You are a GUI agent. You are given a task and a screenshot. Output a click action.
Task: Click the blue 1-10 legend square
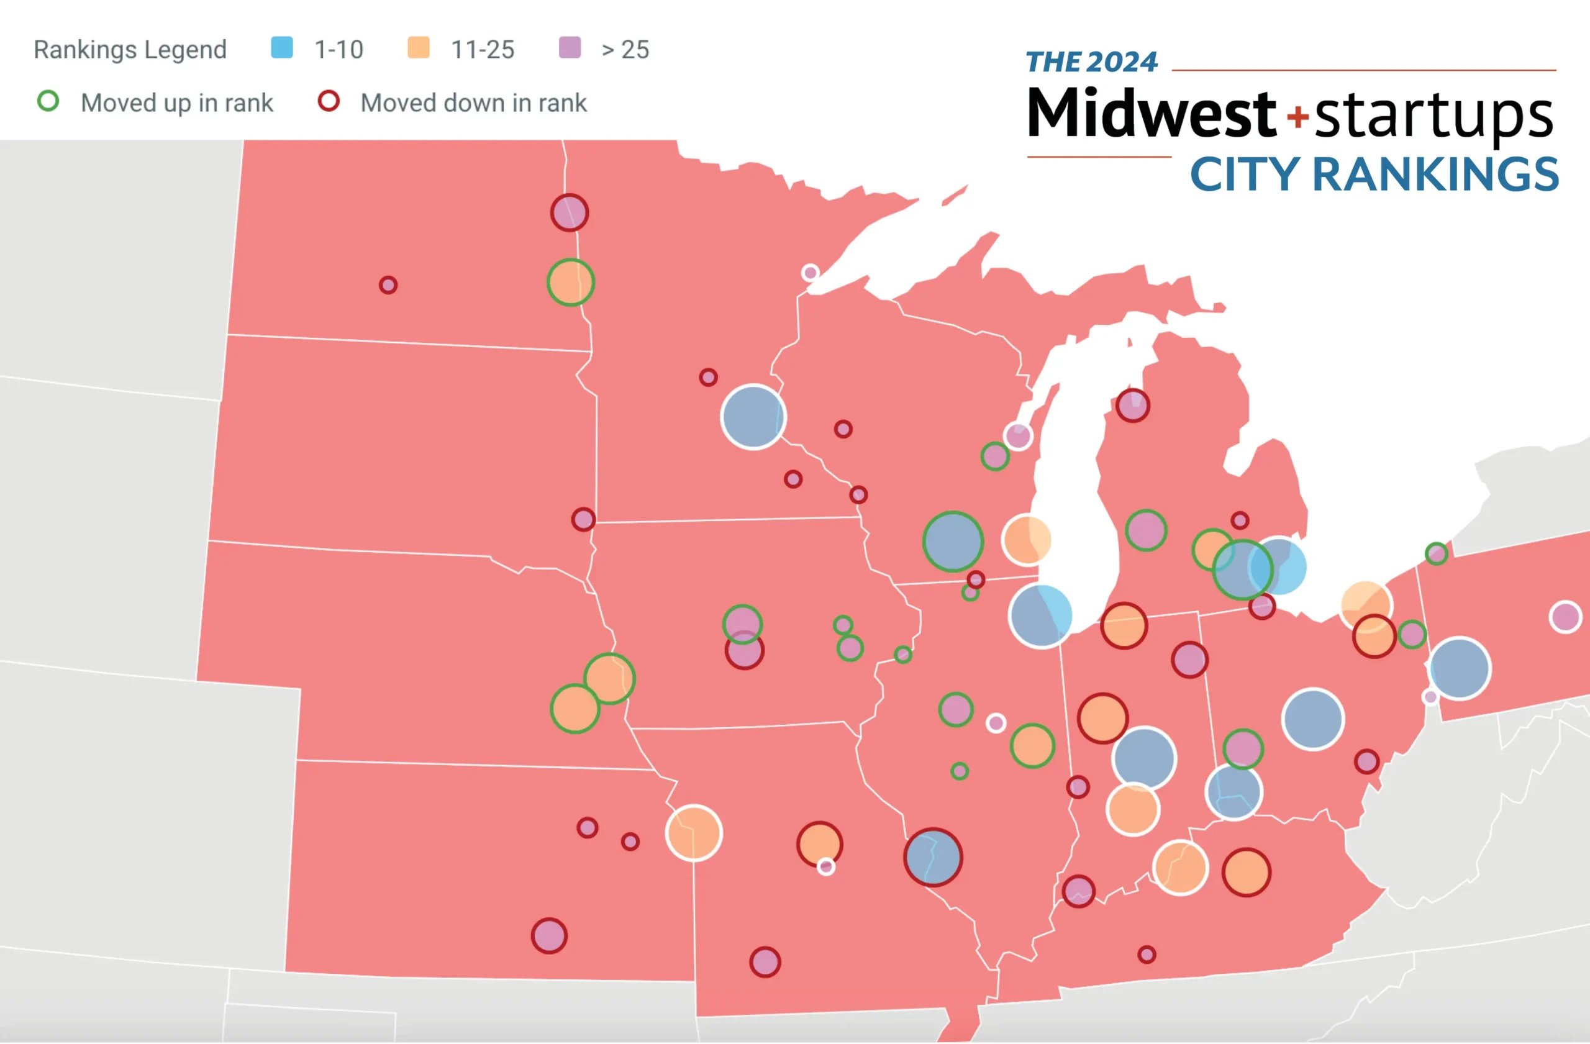tap(281, 47)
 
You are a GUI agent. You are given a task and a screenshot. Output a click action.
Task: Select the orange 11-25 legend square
tap(418, 47)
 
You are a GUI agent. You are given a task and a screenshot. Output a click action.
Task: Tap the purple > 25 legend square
tap(569, 47)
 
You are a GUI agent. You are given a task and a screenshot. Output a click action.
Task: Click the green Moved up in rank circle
tap(48, 101)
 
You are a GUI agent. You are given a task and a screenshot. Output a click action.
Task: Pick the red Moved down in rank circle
tap(328, 101)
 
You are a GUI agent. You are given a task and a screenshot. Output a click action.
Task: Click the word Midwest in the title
tap(1151, 114)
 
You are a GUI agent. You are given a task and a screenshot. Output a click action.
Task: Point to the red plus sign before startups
tap(1297, 117)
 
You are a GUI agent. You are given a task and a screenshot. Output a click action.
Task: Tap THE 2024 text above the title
tap(1091, 62)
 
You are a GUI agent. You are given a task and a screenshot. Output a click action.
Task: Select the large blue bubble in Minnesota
tap(753, 417)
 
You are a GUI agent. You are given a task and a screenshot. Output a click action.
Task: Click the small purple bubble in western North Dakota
tap(388, 285)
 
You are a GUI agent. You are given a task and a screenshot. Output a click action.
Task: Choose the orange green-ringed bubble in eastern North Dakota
tap(571, 283)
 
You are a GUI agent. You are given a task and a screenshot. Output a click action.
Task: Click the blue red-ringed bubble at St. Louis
tap(933, 857)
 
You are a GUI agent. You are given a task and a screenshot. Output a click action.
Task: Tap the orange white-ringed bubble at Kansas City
tap(694, 833)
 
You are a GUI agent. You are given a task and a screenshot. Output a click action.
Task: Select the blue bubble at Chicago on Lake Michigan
tap(1041, 616)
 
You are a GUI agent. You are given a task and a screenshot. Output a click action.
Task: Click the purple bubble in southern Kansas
tap(549, 936)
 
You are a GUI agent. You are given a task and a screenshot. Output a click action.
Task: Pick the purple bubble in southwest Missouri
tap(765, 963)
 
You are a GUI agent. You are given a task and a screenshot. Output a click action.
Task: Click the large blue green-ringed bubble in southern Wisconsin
tap(953, 542)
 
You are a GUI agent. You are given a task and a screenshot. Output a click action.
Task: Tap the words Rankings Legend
tap(130, 50)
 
